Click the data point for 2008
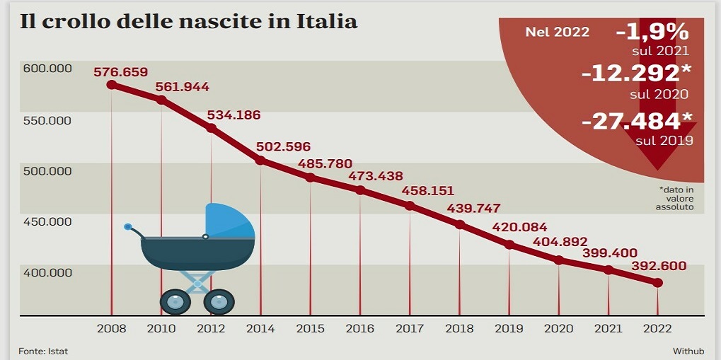[111, 85]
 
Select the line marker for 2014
[260, 161]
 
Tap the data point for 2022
[657, 283]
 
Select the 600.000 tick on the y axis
[48, 69]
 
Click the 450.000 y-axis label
[48, 221]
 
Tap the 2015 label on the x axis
[310, 329]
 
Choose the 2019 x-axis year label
[509, 329]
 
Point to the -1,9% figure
[652, 31]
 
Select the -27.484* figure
[637, 121]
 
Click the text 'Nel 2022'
[557, 32]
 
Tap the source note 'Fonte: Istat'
[43, 351]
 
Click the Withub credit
[688, 351]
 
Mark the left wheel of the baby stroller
[175, 301]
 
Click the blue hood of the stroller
[230, 221]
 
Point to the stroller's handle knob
[128, 227]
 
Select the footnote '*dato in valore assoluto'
[674, 199]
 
